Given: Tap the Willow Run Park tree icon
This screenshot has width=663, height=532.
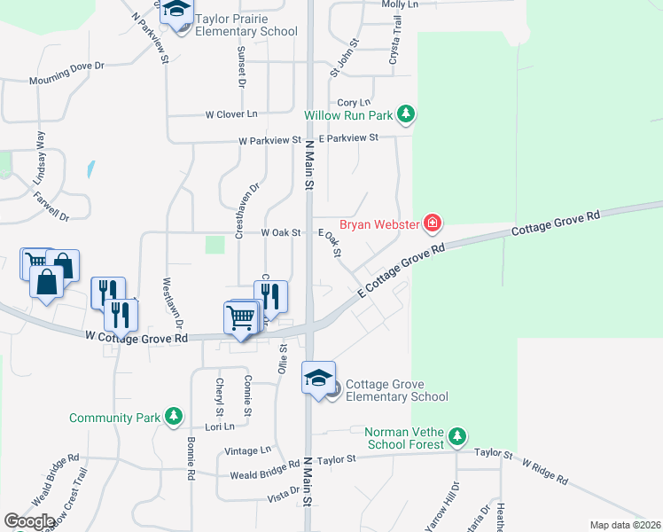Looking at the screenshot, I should click(406, 113).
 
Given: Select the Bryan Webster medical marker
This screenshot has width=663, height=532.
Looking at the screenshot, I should click(432, 223).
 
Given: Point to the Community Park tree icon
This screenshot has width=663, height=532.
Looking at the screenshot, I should click(175, 416).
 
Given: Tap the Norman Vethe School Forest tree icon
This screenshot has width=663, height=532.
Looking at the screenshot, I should click(456, 435).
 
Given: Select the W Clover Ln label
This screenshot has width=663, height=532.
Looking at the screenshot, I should click(230, 114).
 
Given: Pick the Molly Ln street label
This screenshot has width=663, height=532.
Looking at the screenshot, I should click(400, 4).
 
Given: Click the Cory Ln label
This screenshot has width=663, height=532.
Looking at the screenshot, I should click(353, 103).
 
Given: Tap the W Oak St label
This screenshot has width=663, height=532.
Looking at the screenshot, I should click(282, 232).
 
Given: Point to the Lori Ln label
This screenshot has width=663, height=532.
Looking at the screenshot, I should click(219, 426).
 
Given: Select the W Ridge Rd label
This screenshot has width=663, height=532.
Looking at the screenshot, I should click(544, 470).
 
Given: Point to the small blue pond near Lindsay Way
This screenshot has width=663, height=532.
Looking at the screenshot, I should click(90, 168).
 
